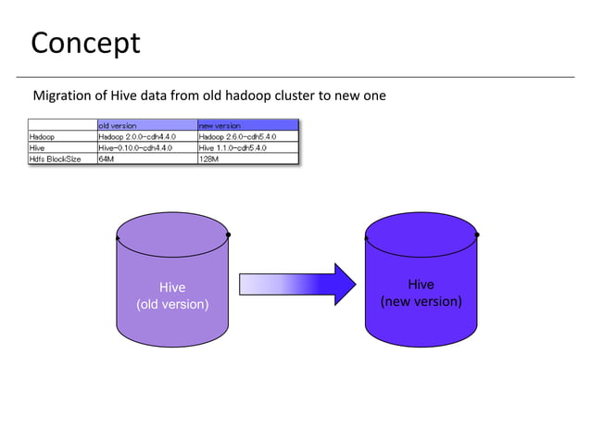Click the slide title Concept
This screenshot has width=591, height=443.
pos(85,43)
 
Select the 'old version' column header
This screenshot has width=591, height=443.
pos(118,125)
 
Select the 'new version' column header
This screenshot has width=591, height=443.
pos(220,125)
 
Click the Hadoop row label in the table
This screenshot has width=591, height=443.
pos(42,136)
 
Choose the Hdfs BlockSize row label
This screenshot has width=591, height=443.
pos(55,158)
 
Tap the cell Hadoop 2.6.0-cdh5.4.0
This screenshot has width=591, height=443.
pos(236,136)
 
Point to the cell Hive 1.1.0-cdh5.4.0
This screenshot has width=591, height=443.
pos(233,147)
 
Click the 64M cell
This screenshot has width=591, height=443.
pos(107,158)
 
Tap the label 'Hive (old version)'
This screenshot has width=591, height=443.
pos(173,296)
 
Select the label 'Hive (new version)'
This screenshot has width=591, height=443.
pos(421,293)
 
